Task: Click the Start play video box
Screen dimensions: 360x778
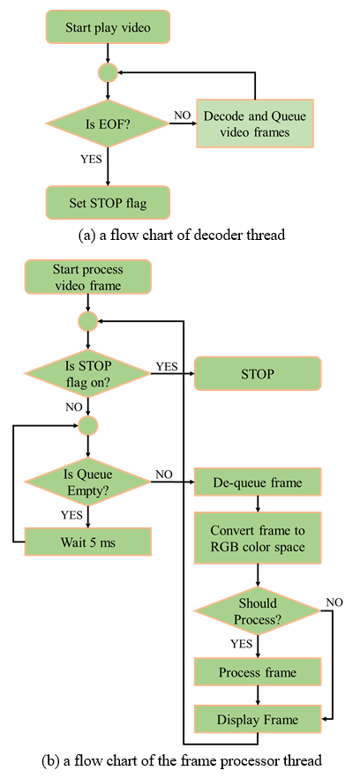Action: pos(108,26)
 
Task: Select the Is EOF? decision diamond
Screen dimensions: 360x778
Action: pos(108,123)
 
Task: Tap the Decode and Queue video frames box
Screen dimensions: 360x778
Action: pos(255,123)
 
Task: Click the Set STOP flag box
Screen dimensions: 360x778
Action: pos(108,202)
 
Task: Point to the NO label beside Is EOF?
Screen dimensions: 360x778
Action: pos(182,115)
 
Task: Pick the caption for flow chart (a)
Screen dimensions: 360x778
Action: pos(182,236)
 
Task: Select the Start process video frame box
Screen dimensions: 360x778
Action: pos(88,277)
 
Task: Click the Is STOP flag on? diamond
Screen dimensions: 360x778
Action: pos(88,374)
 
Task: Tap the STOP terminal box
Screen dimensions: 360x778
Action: pos(258,374)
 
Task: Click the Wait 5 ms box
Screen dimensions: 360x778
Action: pos(88,542)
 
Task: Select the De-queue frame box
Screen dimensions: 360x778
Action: pos(258,482)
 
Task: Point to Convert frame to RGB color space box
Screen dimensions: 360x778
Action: pos(258,538)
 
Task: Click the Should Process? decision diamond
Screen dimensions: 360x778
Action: pos(258,611)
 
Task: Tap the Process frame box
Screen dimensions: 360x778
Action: pos(258,672)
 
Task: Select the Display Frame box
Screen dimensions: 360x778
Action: pos(258,718)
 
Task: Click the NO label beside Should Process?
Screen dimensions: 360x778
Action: pos(334,602)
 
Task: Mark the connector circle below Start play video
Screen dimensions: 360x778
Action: pos(108,73)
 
